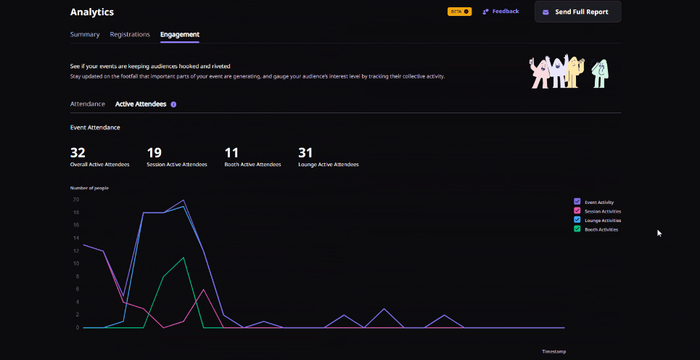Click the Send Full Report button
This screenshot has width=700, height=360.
coord(577,12)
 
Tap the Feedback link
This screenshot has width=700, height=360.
coord(501,12)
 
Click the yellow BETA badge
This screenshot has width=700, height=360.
coord(460,12)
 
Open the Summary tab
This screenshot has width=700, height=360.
coord(85,34)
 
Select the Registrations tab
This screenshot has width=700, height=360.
coord(130,34)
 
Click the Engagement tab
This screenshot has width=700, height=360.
coord(180,34)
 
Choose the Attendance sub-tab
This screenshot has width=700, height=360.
coord(88,104)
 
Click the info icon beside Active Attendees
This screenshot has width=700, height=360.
coord(173,105)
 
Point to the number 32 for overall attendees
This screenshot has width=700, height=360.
coord(78,152)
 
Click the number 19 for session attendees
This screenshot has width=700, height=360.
coord(154,152)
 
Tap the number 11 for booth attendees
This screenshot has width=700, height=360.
coord(231,152)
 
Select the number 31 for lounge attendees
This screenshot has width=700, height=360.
coord(305,152)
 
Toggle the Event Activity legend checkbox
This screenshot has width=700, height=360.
coord(577,202)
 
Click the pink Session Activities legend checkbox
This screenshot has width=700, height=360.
coord(577,210)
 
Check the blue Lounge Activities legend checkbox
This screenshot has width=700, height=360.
coord(577,220)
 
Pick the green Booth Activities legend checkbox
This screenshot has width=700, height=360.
coord(577,229)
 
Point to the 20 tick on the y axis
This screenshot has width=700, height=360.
coord(75,200)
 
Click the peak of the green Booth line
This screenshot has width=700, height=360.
coord(184,258)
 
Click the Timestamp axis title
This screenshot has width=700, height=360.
coord(553,351)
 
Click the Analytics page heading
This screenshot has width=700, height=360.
coord(91,12)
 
